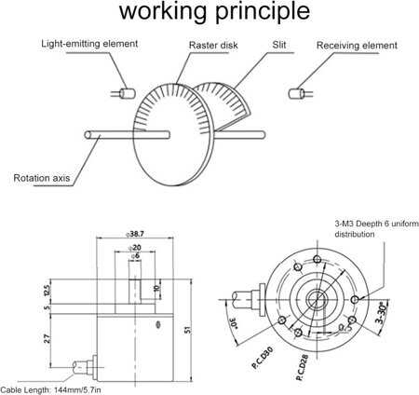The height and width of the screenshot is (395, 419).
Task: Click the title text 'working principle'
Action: point(214,12)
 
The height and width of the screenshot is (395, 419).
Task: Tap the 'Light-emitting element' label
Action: point(89,44)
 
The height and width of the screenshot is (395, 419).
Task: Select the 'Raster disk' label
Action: point(213,45)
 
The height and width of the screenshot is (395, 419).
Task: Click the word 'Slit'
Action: point(278,45)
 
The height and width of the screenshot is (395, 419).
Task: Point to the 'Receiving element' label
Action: point(357,46)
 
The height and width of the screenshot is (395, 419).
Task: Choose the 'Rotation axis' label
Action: point(42,178)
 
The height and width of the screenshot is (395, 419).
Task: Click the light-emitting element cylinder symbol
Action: point(128,93)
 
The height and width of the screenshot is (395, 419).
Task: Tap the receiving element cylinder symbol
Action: point(296,94)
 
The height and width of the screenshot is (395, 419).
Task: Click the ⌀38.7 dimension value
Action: point(135,234)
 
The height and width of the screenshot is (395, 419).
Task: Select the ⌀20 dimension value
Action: point(135,248)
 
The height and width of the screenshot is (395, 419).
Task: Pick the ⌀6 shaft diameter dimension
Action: point(135,256)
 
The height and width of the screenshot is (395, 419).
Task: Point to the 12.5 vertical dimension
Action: point(47,290)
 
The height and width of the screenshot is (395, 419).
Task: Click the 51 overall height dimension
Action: point(188,330)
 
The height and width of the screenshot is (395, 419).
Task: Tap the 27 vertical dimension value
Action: point(47,338)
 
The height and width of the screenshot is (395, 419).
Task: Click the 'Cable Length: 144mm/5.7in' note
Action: point(50,390)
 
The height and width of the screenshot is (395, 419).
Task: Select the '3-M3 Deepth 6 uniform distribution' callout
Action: point(376,229)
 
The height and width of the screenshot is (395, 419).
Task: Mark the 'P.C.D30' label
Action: point(263,358)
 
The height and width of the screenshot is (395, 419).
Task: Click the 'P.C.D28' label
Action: point(303,367)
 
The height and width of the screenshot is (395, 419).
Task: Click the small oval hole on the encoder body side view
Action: point(158,325)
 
